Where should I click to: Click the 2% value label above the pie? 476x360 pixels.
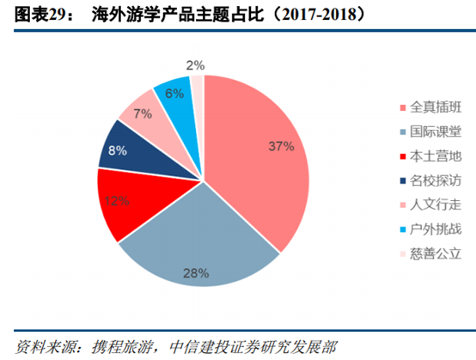pyautogui.click(x=195, y=64)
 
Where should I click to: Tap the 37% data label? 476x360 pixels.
pyautogui.click(x=280, y=146)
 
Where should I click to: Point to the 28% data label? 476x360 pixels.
pyautogui.click(x=196, y=273)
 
